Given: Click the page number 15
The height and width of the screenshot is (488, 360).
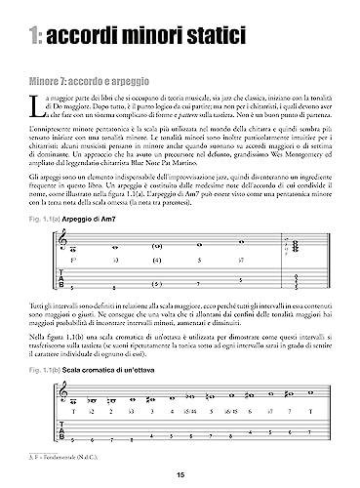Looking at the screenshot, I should pos(180,477).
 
